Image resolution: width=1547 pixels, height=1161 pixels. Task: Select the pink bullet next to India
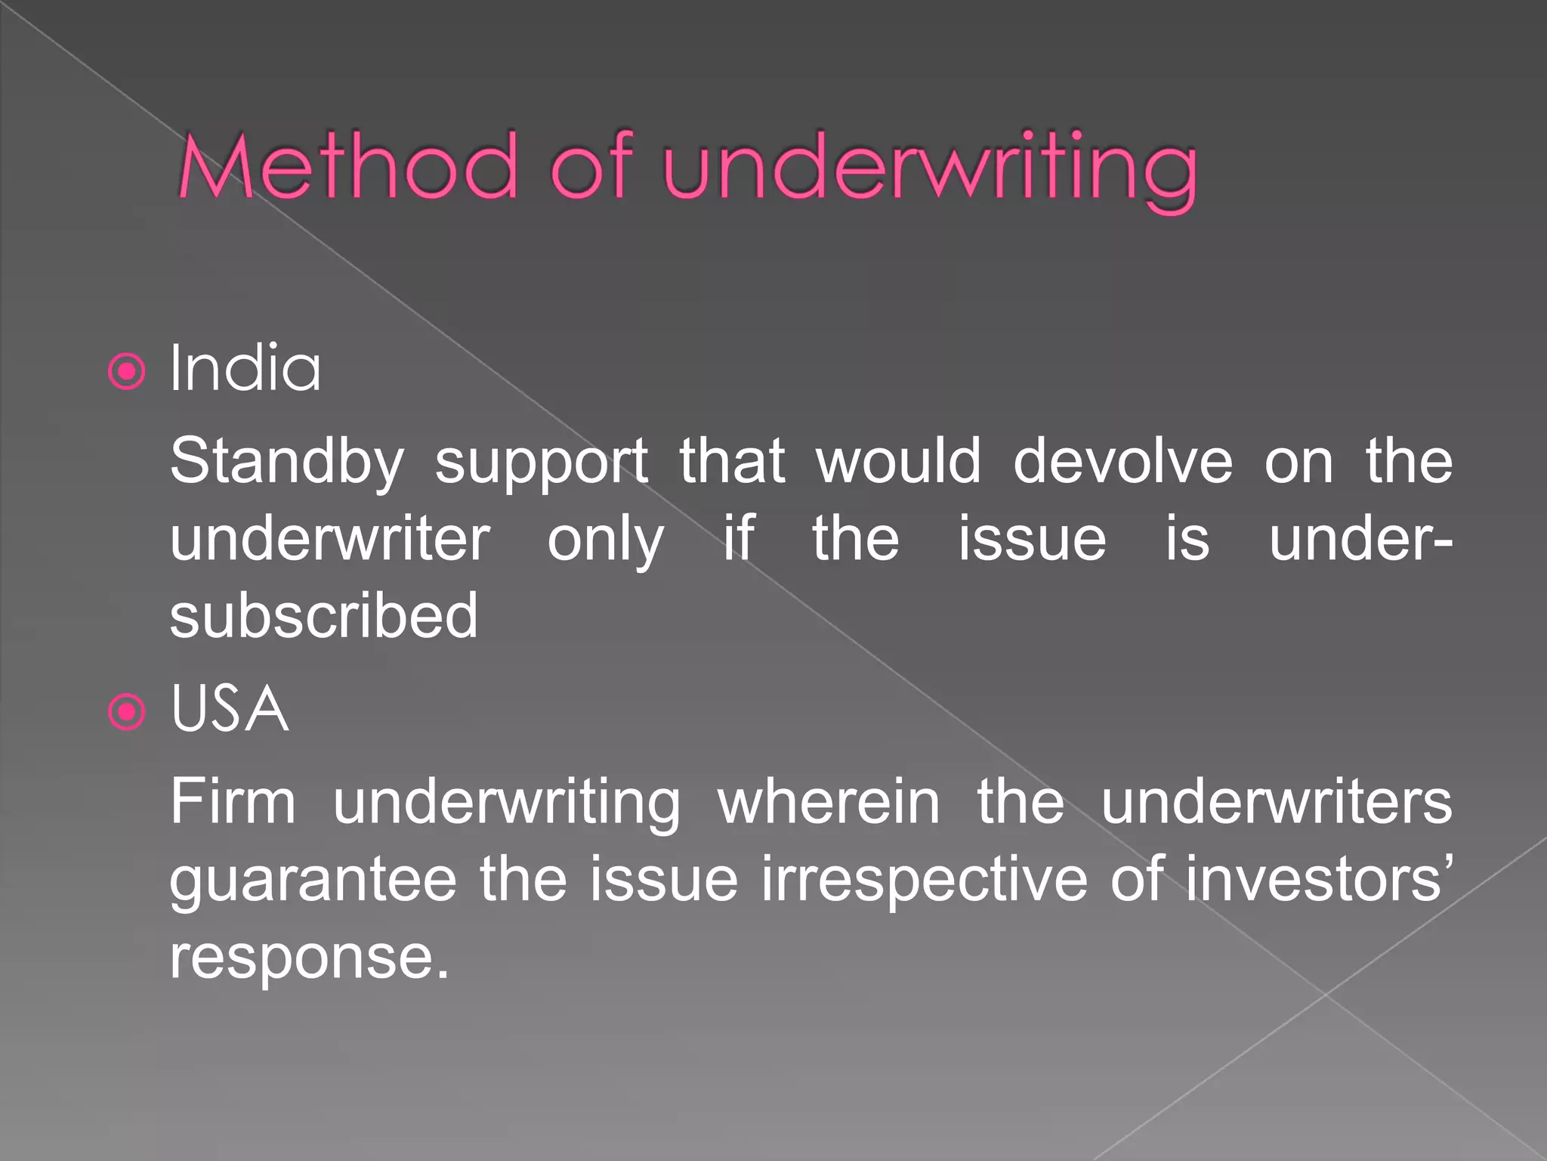[126, 371]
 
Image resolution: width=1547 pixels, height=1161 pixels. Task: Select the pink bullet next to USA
[126, 711]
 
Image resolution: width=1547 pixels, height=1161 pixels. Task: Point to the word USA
[230, 709]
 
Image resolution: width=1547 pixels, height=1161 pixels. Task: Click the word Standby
[287, 461]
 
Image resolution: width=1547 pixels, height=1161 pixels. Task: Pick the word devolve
[1122, 461]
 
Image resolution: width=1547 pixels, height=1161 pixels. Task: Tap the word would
[898, 461]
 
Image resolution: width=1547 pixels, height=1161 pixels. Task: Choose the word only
[605, 540]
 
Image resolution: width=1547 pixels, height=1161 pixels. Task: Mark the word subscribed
[324, 616]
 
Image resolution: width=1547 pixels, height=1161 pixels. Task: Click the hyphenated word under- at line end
[1360, 540]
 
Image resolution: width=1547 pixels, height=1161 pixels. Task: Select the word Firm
[233, 801]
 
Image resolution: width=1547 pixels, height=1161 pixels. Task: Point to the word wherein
[829, 801]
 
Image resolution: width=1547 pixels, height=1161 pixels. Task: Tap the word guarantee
[313, 881]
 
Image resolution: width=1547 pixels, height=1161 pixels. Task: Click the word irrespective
[925, 881]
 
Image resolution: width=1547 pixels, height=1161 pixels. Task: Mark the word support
[541, 463]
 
